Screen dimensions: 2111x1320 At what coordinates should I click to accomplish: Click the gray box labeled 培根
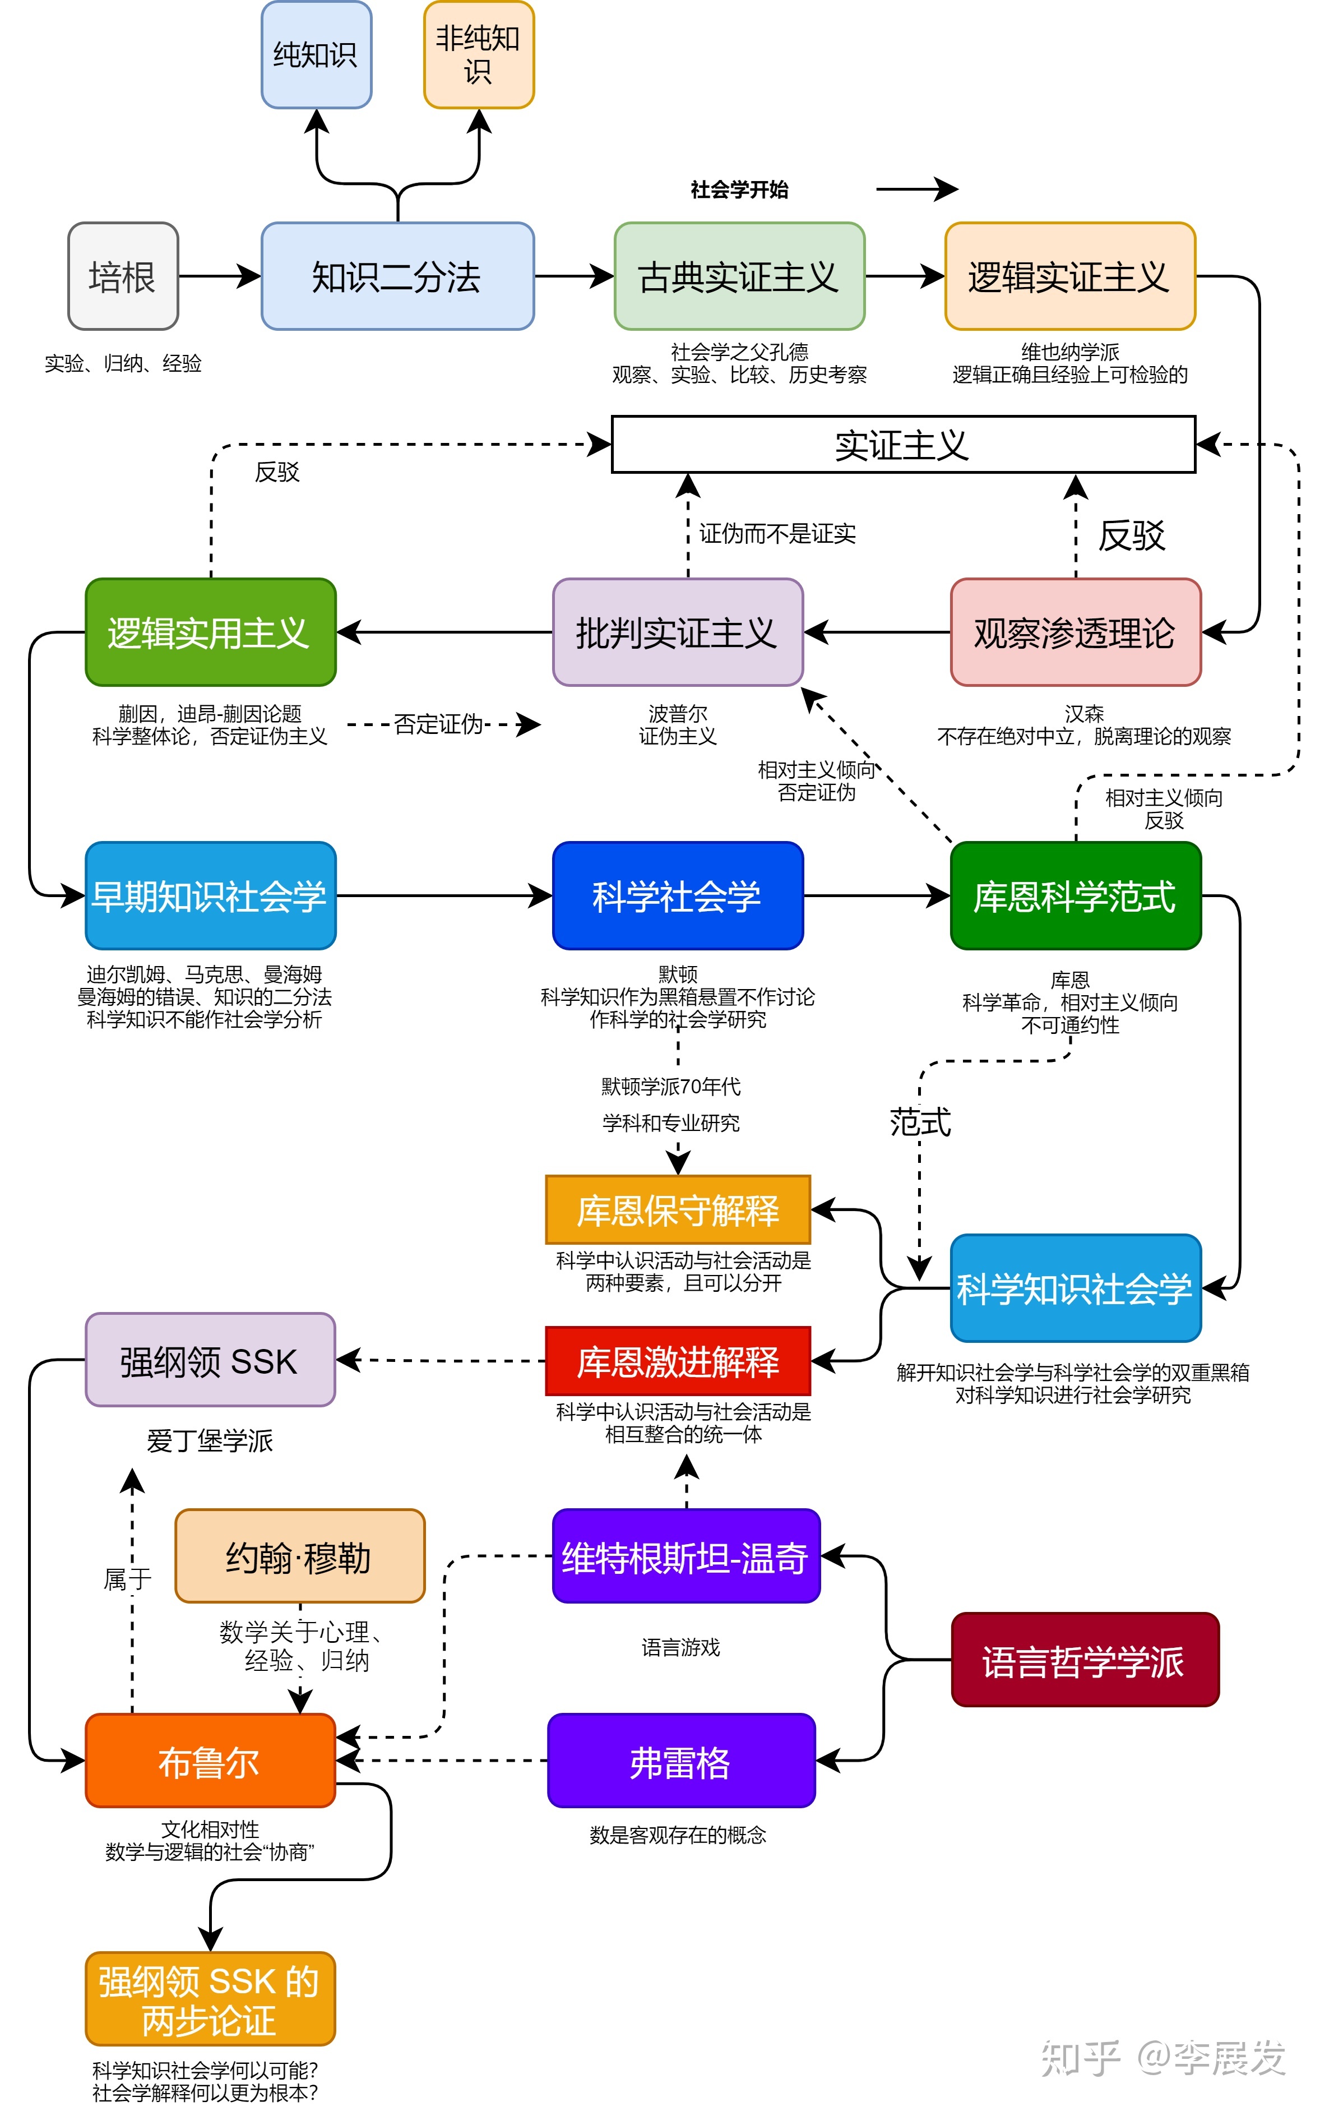tap(123, 277)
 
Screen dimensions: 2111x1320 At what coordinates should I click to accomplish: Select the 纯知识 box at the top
tap(316, 55)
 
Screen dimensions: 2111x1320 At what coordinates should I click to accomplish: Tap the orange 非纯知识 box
tap(479, 55)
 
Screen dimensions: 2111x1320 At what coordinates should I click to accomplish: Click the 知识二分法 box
tap(397, 277)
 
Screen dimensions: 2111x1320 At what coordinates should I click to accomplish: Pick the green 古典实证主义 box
tap(739, 277)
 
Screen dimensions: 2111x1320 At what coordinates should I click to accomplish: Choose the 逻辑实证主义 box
tap(1069, 277)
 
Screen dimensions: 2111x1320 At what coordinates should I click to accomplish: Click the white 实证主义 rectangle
tap(902, 445)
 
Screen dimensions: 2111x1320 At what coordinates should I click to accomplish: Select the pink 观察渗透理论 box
tap(1076, 632)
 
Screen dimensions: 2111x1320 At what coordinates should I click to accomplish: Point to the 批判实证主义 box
tap(678, 632)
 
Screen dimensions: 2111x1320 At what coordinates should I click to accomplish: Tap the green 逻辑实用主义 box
tap(210, 632)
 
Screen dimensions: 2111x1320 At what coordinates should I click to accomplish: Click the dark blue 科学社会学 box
tap(678, 896)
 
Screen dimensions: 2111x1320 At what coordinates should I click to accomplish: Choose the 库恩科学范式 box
tap(1076, 896)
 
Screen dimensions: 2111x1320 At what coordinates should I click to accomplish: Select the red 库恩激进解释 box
tap(678, 1361)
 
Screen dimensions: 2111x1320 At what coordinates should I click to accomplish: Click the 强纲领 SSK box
tap(210, 1360)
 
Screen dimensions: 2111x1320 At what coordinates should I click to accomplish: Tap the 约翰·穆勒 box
tap(299, 1556)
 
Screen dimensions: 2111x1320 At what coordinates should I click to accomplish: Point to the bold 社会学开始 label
tap(739, 190)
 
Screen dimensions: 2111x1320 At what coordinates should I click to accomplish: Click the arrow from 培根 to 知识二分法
tap(219, 277)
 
